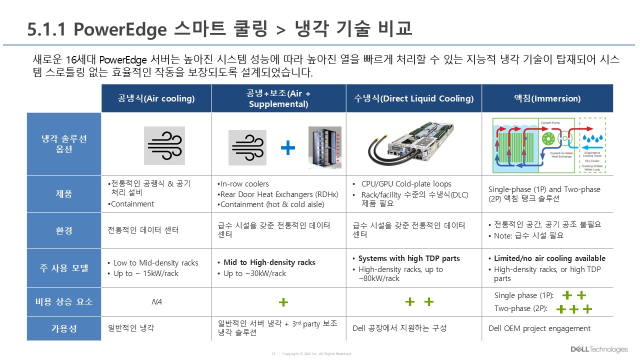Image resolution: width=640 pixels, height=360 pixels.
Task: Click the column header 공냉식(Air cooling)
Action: (x=156, y=98)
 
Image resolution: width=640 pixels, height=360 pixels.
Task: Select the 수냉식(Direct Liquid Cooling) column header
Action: (x=413, y=98)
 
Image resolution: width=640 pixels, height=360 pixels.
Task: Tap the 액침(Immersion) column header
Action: (x=547, y=98)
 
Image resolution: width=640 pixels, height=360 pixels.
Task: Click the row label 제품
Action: (x=64, y=194)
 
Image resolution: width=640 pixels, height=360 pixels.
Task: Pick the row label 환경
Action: (x=64, y=230)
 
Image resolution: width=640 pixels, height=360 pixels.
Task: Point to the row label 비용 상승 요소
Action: (x=64, y=302)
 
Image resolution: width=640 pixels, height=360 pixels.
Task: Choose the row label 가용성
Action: (x=64, y=328)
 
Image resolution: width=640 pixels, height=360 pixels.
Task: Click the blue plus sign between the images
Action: (x=287, y=147)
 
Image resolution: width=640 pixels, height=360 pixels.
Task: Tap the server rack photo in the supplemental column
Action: (x=324, y=147)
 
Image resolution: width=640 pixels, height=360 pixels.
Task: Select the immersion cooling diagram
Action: (x=548, y=145)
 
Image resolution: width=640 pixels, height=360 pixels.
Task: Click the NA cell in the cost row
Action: (x=156, y=302)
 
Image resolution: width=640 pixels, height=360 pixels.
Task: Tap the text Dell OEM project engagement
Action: (x=539, y=328)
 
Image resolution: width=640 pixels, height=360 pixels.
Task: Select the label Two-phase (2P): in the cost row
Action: (x=520, y=308)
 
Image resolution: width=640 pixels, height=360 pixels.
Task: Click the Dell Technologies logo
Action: (x=598, y=349)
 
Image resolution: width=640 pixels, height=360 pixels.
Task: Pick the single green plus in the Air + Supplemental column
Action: (x=283, y=302)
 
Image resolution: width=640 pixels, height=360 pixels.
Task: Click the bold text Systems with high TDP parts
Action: (x=409, y=258)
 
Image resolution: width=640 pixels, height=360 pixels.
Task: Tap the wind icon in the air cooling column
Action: (x=164, y=145)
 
